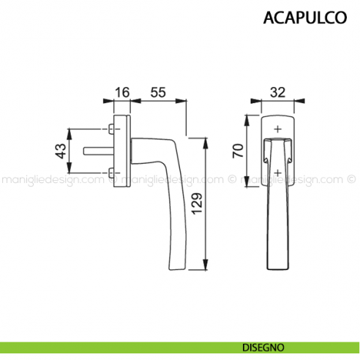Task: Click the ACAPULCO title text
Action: click(x=304, y=18)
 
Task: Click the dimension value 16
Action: click(x=122, y=92)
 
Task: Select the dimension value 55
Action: click(x=157, y=92)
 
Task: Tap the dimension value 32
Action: click(x=277, y=92)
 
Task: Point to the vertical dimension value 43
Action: click(x=61, y=151)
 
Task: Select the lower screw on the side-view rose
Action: click(x=110, y=174)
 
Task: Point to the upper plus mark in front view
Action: click(x=277, y=130)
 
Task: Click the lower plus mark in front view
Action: click(x=277, y=174)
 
